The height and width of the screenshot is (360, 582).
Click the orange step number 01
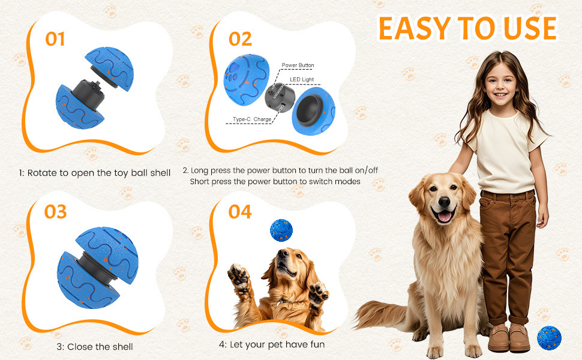(x=55, y=39)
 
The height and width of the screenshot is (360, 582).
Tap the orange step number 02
(x=240, y=39)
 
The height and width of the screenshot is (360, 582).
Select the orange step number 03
(x=55, y=212)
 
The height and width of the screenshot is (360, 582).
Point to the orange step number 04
(x=240, y=212)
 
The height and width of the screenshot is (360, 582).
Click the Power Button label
(x=298, y=65)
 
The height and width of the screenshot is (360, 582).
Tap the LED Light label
(x=302, y=79)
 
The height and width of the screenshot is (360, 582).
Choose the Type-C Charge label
(x=252, y=119)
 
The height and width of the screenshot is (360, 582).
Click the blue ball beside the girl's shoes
(x=550, y=338)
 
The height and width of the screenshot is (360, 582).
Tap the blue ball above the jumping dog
(x=281, y=230)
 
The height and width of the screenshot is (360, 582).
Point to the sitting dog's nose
(x=444, y=202)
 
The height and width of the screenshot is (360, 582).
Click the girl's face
(x=500, y=83)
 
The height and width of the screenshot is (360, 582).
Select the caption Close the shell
(x=100, y=347)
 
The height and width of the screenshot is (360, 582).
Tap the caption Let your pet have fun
(x=277, y=345)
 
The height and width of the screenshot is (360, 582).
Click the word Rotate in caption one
(x=43, y=173)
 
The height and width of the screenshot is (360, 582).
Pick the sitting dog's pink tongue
(x=444, y=216)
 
